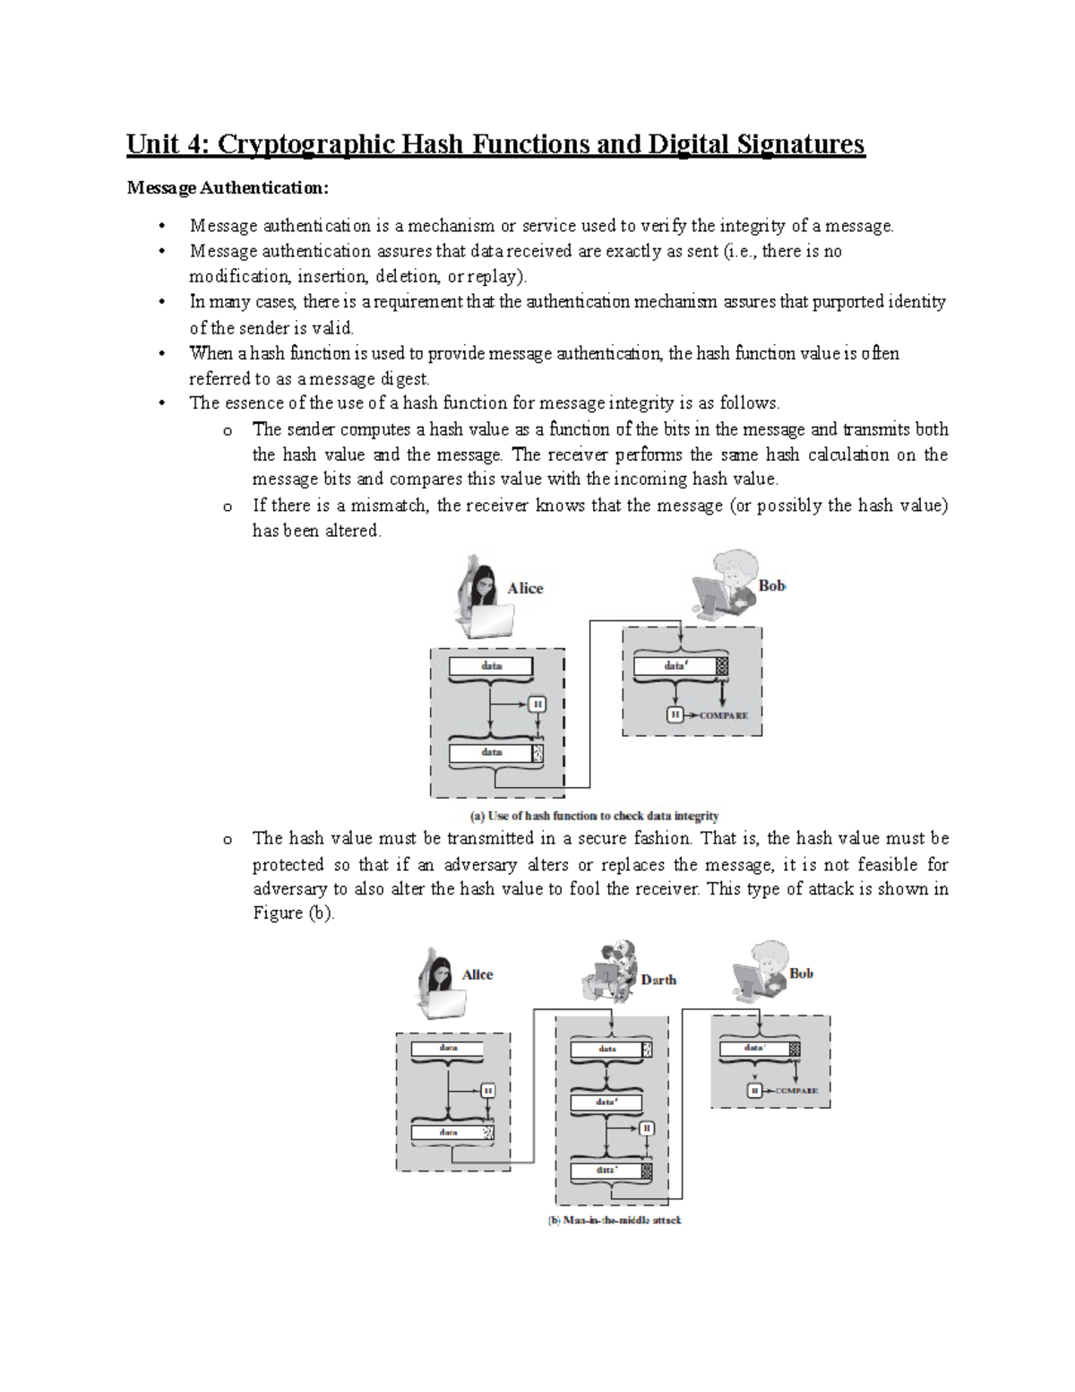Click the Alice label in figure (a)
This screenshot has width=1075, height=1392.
(x=525, y=588)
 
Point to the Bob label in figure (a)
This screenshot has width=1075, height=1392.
(x=771, y=585)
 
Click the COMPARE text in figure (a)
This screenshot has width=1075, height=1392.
(x=723, y=715)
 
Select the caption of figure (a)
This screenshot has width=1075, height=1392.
(x=595, y=816)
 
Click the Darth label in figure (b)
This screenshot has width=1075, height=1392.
(x=658, y=980)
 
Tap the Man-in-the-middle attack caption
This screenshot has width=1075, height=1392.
(x=615, y=1220)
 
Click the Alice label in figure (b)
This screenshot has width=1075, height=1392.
(x=477, y=974)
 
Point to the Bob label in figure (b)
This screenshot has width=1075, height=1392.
(x=801, y=973)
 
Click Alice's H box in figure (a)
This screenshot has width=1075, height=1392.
(x=537, y=705)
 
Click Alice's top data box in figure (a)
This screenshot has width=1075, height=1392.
(x=491, y=666)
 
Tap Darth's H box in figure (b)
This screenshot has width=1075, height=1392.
(x=646, y=1128)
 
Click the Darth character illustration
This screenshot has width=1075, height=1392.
(x=611, y=971)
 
